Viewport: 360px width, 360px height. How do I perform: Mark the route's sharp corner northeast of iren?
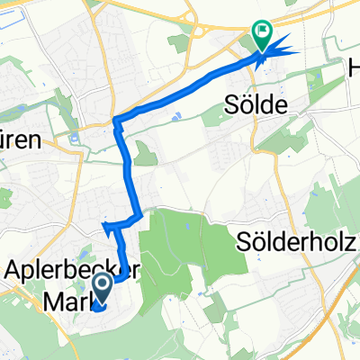[118, 120]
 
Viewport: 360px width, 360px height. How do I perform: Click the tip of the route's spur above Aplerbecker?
[104, 225]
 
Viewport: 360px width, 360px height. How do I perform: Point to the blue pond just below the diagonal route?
[176, 115]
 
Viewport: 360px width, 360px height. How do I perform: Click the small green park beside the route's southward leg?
[144, 158]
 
